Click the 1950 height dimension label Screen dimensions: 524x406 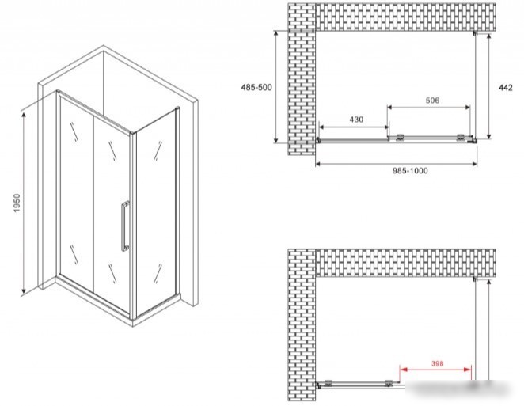17,203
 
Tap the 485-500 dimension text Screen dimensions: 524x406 256,87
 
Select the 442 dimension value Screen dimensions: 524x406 505,88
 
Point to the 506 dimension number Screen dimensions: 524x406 432,100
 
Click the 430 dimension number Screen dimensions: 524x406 356,120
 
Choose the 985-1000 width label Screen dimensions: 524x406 410,171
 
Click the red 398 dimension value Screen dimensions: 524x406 437,363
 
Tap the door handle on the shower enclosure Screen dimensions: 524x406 124,226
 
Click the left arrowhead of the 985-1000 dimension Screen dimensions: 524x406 319,164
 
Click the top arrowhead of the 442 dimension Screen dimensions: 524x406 488,36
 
